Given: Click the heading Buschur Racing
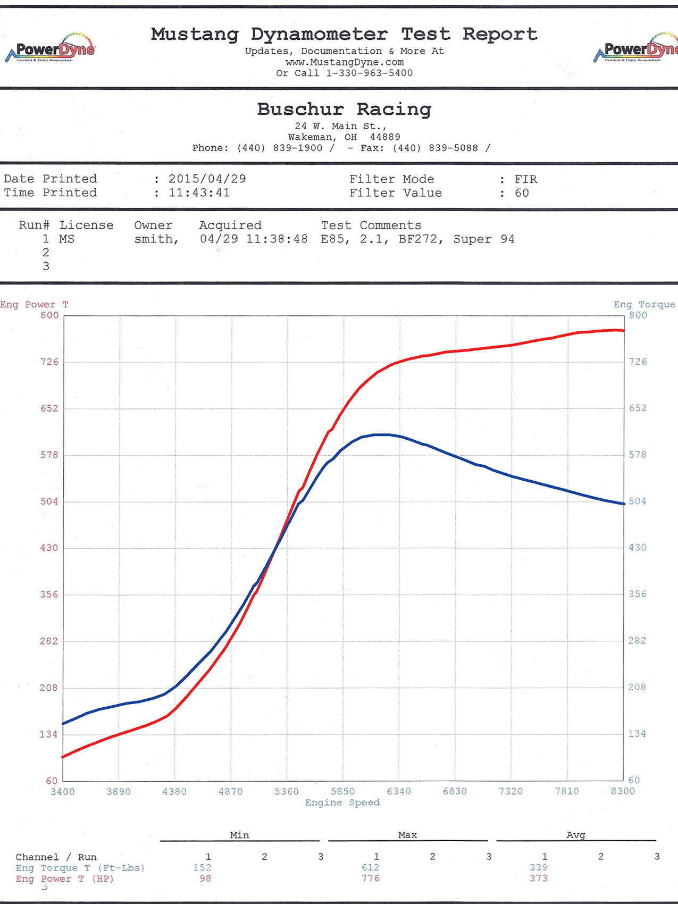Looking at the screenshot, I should click(x=344, y=109).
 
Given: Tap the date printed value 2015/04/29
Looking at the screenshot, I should click(x=207, y=179).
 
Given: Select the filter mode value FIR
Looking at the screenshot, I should click(x=525, y=179).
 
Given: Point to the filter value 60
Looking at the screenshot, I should click(x=522, y=193).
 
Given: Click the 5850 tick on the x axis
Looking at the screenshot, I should click(x=342, y=791).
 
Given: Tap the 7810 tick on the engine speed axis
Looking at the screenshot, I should click(x=567, y=791).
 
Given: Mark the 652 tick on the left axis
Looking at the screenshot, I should click(x=49, y=408).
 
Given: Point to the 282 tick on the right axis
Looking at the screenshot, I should click(x=637, y=641).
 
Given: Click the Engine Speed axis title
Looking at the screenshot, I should click(x=342, y=802).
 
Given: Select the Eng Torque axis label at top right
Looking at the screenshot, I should click(x=644, y=305).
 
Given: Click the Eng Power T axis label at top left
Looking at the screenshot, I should click(x=34, y=305).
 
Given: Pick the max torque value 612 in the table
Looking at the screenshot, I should click(x=370, y=867).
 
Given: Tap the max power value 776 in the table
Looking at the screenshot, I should click(x=370, y=878).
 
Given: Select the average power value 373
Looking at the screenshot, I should click(x=538, y=878).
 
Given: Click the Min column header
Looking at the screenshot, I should click(x=239, y=835).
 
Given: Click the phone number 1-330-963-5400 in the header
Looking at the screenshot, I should click(x=369, y=73).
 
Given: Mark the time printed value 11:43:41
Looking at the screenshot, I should click(x=199, y=193).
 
